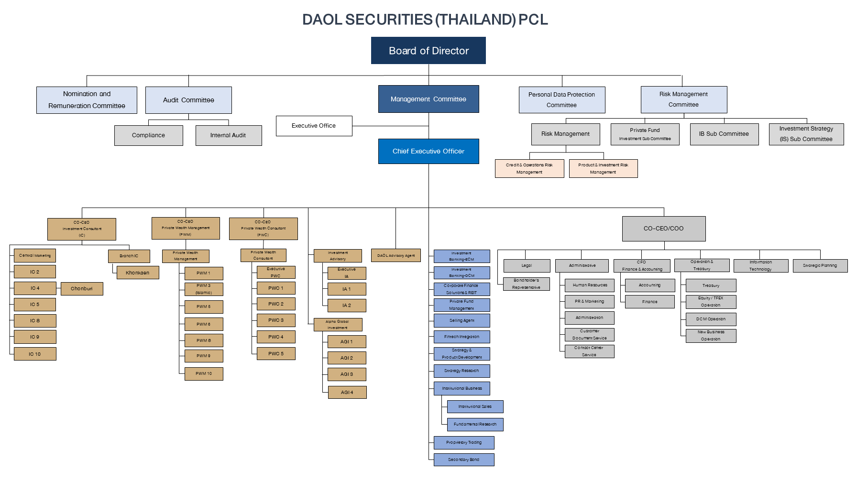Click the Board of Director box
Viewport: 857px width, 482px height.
click(428, 51)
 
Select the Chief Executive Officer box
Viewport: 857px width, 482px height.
click(428, 151)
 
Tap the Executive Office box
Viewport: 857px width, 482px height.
click(314, 126)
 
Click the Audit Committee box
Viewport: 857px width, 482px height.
click(188, 100)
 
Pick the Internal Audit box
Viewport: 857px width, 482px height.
click(228, 135)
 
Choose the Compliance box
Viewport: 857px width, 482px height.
click(148, 135)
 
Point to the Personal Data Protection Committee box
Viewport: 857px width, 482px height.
click(561, 100)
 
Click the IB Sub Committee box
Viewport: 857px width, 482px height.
click(724, 134)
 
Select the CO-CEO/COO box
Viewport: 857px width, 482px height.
click(663, 229)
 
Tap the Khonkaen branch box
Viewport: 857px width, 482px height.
click(138, 273)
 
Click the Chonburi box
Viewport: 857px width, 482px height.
click(82, 288)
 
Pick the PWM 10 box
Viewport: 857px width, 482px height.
click(204, 373)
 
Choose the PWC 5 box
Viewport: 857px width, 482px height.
click(276, 354)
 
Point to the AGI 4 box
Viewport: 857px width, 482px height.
click(347, 393)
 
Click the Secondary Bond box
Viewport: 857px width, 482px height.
click(463, 460)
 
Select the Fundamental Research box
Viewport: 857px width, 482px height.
click(475, 424)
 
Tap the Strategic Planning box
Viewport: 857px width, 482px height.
click(820, 265)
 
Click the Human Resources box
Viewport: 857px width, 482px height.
click(590, 285)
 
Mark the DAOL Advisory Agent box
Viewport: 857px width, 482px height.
click(396, 255)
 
